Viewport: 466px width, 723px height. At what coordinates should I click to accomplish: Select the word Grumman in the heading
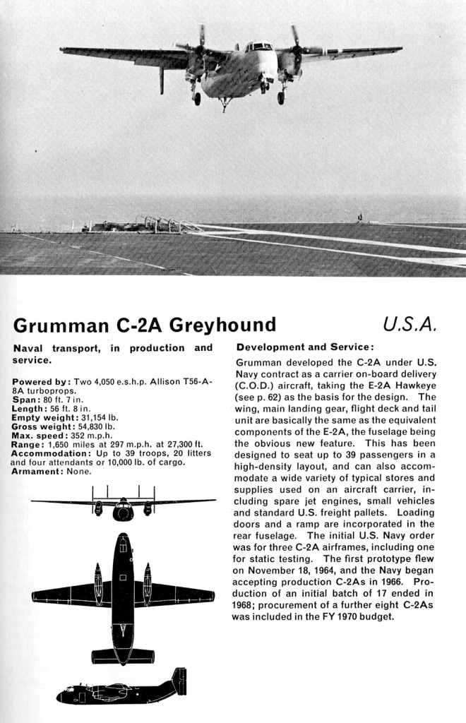(56, 325)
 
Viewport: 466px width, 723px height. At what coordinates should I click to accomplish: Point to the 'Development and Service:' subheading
(304, 347)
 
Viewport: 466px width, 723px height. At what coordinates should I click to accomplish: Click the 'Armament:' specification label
(35, 471)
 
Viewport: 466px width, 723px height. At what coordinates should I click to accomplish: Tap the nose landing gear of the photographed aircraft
(225, 104)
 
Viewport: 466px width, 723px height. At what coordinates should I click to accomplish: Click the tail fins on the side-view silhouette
(179, 681)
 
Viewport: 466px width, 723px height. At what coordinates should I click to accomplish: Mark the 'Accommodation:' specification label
(47, 453)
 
